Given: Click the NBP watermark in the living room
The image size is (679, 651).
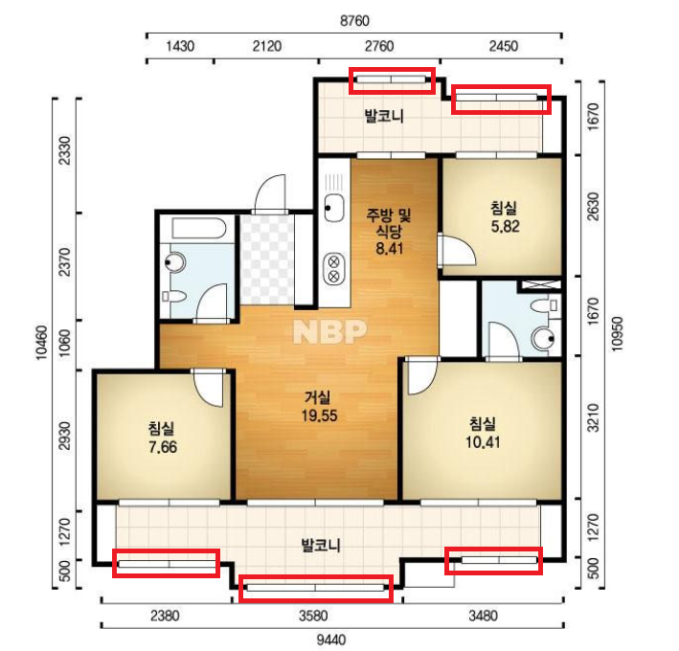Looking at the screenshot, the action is [x=330, y=331].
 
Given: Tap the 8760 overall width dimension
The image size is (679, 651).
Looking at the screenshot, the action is [x=354, y=20].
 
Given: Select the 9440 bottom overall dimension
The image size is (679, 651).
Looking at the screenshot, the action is [x=330, y=640].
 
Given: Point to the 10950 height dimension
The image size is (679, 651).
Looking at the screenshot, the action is [x=617, y=334].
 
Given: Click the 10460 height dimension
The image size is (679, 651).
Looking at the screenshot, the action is [x=41, y=342].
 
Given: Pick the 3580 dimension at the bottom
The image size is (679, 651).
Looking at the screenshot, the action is [x=312, y=616].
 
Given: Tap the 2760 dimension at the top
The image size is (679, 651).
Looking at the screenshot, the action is [x=379, y=46].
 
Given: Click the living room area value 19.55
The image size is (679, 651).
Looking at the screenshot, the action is [x=319, y=415].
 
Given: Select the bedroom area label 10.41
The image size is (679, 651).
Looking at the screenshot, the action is [x=483, y=442].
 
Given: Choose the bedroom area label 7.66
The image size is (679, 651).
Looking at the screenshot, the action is [x=163, y=447].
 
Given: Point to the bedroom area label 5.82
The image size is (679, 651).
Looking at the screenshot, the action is [x=505, y=226].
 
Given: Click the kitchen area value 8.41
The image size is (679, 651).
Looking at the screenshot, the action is [x=389, y=249].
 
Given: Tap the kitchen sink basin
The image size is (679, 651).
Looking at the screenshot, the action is [x=334, y=208].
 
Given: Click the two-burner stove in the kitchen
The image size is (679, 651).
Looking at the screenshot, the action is [x=334, y=269].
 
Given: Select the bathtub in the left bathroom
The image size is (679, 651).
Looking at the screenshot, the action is [x=199, y=229].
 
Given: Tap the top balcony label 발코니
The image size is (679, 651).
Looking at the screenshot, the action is [x=384, y=116].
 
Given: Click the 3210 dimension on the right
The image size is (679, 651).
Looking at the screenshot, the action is [x=593, y=417].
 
